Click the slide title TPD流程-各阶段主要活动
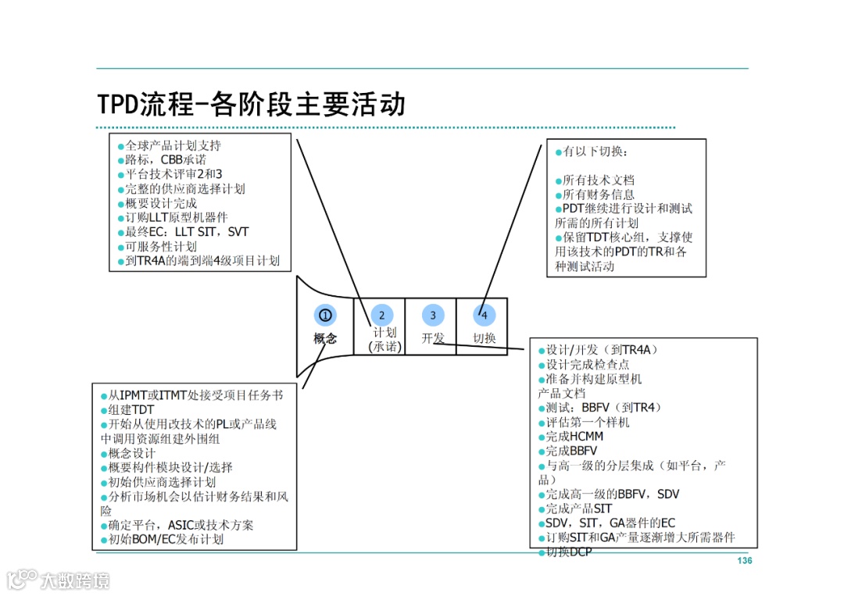coord(252,105)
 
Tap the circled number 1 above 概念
coord(325,315)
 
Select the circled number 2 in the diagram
coord(381,315)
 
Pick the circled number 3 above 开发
coord(433,315)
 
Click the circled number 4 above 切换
coord(485,315)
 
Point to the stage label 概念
coord(325,338)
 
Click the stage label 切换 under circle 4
coord(485,338)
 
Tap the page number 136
coord(744,561)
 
